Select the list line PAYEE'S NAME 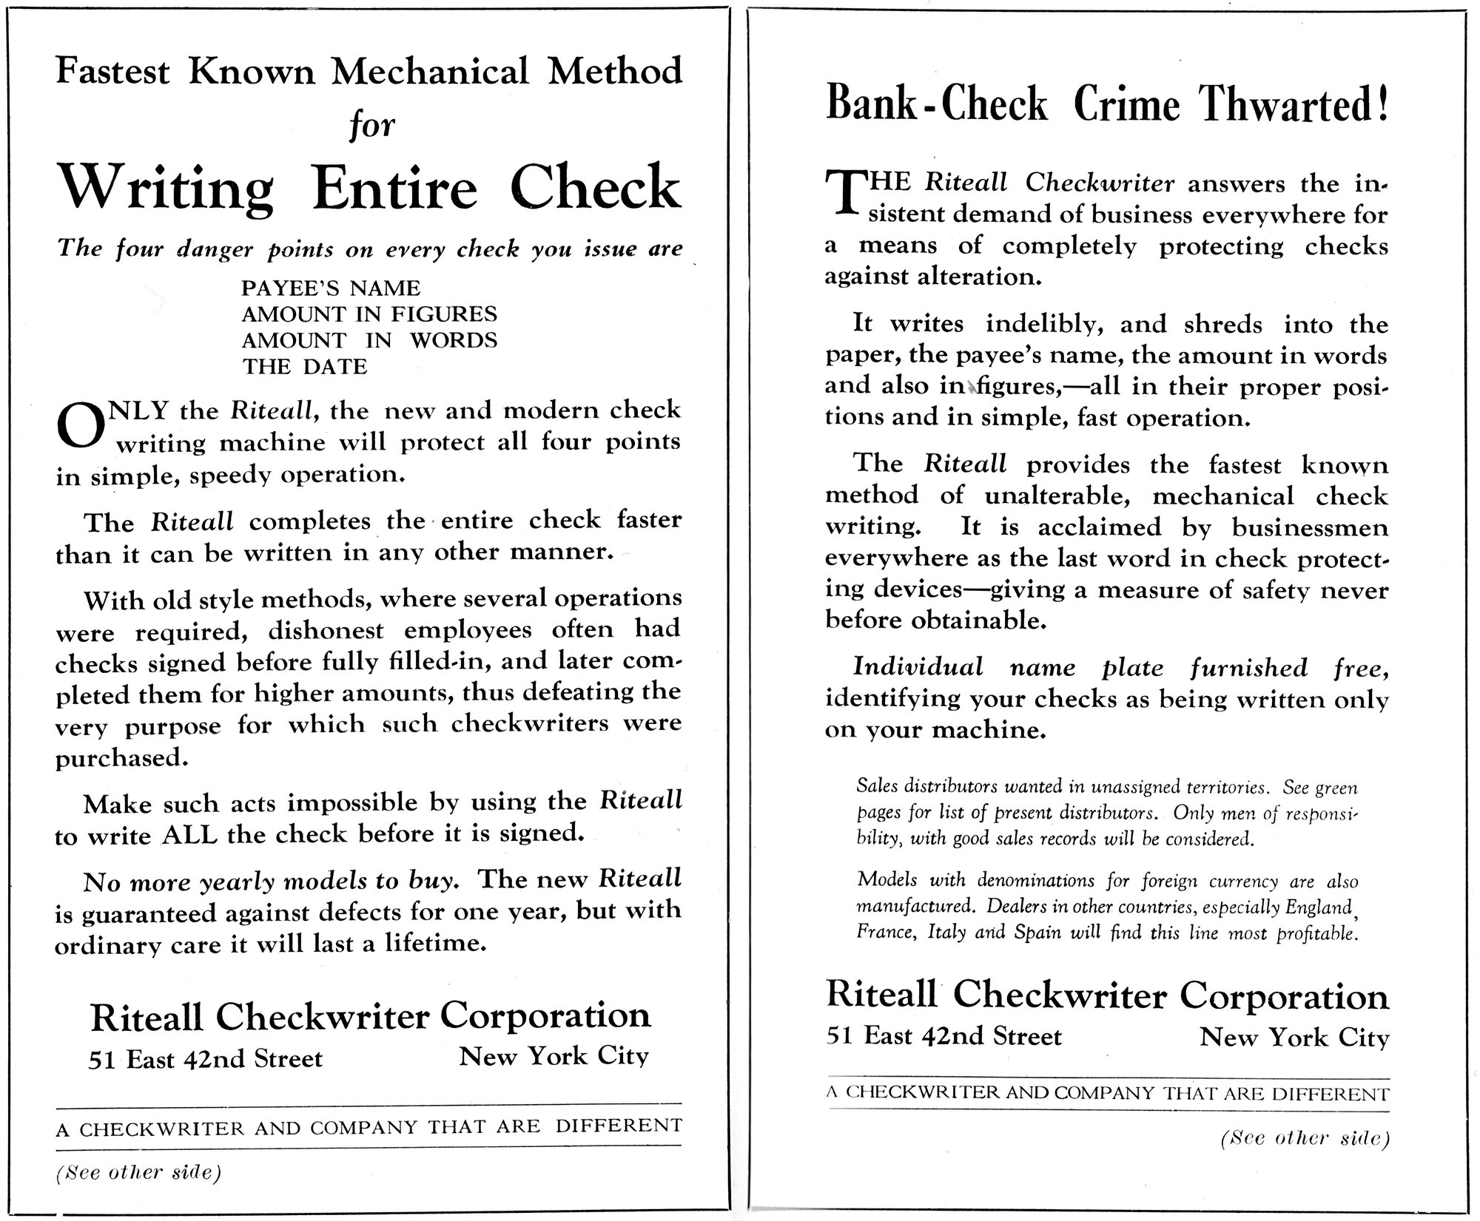(331, 288)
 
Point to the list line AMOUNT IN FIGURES (369, 314)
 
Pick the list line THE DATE (304, 367)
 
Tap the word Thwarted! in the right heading (1294, 104)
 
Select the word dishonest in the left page (326, 630)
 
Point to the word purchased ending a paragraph (118, 759)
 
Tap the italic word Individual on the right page (918, 667)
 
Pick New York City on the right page (1294, 1038)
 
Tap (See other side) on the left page (138, 1173)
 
